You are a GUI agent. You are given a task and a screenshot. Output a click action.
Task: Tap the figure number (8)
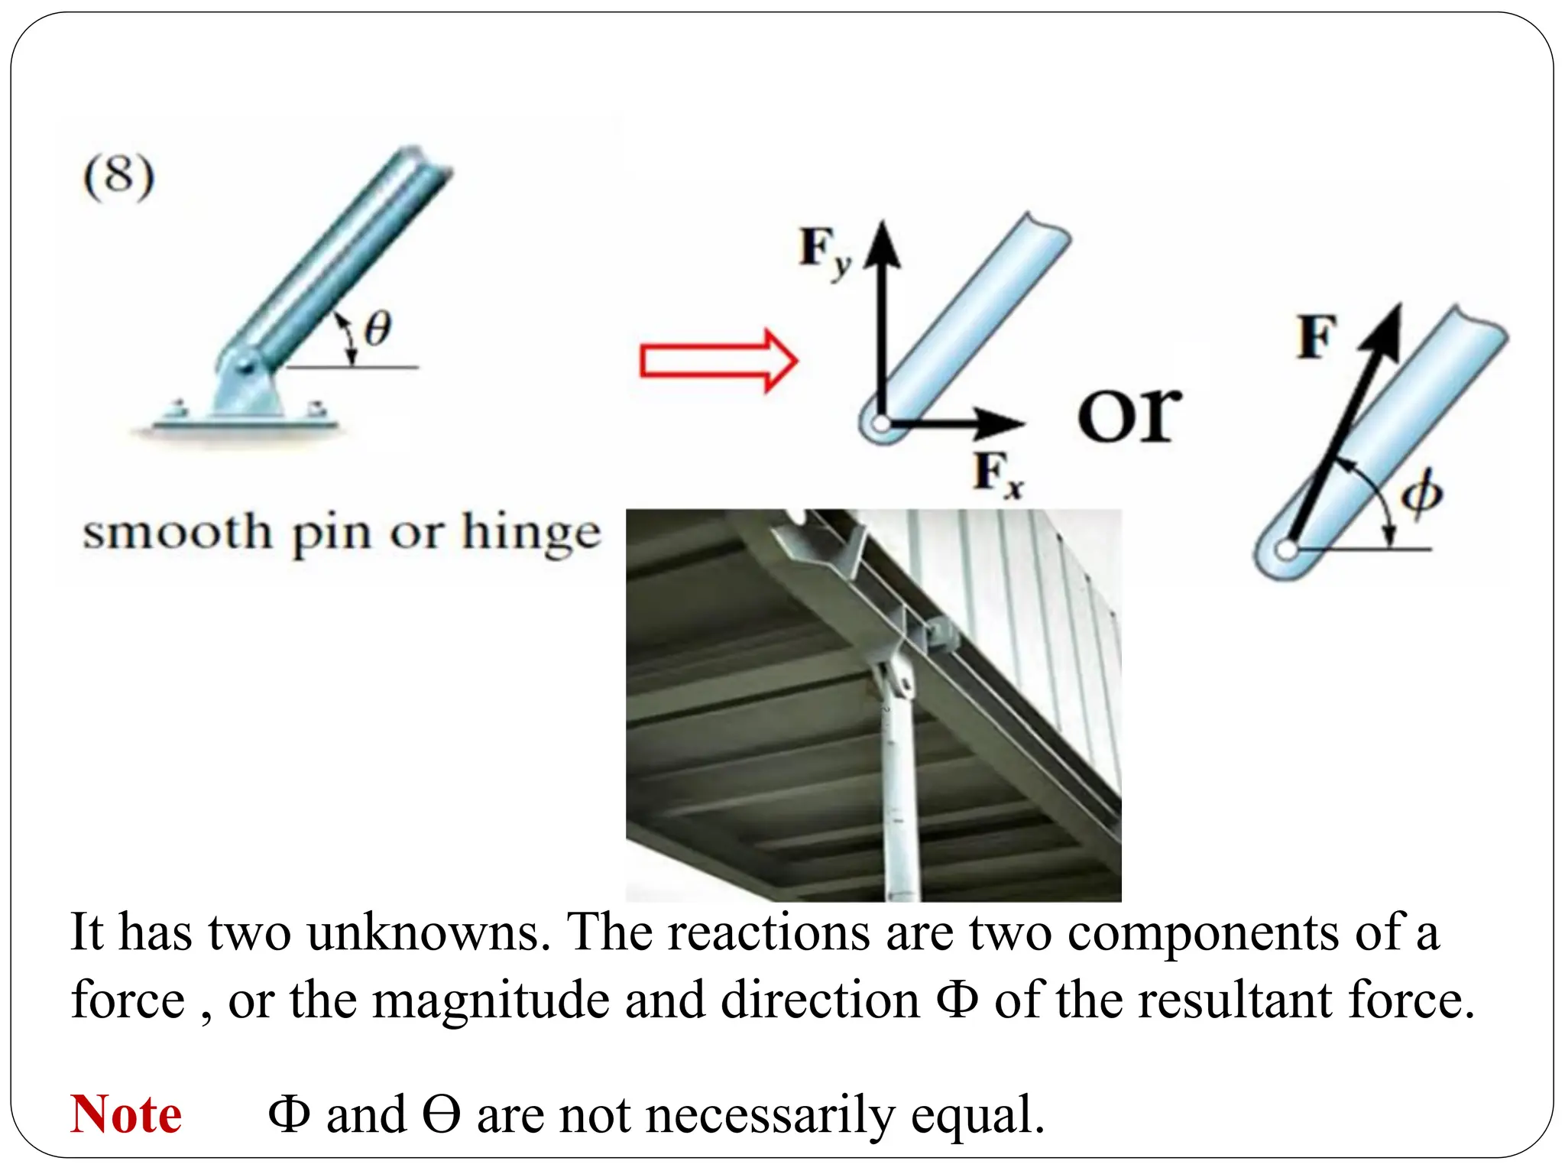click(118, 177)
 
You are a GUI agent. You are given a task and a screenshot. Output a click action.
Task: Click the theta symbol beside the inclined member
click(377, 329)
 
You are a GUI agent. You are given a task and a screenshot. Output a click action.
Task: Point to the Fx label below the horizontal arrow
click(998, 474)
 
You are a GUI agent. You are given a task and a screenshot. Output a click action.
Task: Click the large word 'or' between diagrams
click(1129, 414)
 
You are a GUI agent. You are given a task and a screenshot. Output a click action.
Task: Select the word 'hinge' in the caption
click(532, 533)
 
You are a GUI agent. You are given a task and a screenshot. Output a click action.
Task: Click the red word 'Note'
click(126, 1114)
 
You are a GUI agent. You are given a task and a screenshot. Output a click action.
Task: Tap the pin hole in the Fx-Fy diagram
click(882, 423)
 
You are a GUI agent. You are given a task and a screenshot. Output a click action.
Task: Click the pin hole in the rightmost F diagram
click(1287, 549)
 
